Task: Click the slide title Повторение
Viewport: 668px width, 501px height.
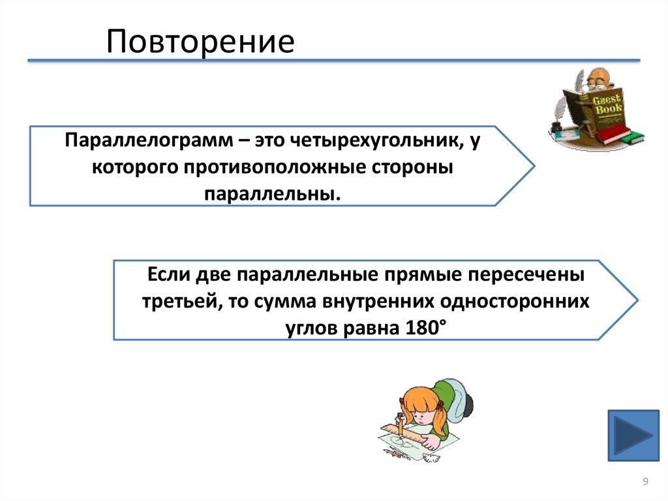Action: (x=201, y=42)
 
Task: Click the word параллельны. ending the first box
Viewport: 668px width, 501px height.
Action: (x=273, y=195)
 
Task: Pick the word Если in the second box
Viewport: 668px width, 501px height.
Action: (x=168, y=275)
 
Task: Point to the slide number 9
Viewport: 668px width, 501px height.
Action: (x=645, y=482)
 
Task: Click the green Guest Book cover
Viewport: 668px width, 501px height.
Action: (x=605, y=104)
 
